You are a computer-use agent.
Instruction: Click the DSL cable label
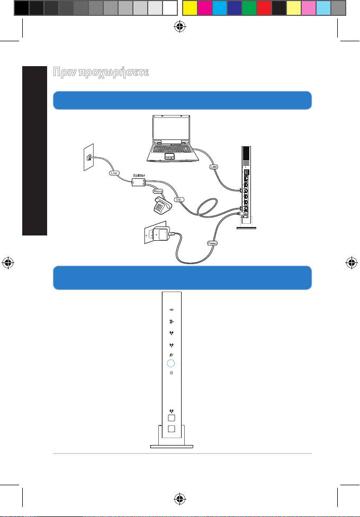(179, 199)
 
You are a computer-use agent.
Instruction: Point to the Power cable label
(212, 244)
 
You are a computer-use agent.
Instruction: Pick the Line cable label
(113, 173)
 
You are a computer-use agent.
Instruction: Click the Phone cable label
(158, 191)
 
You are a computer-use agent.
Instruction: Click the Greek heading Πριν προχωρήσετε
(101, 72)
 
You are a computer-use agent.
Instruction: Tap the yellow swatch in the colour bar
(189, 7)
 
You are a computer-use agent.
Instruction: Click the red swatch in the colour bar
(264, 7)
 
